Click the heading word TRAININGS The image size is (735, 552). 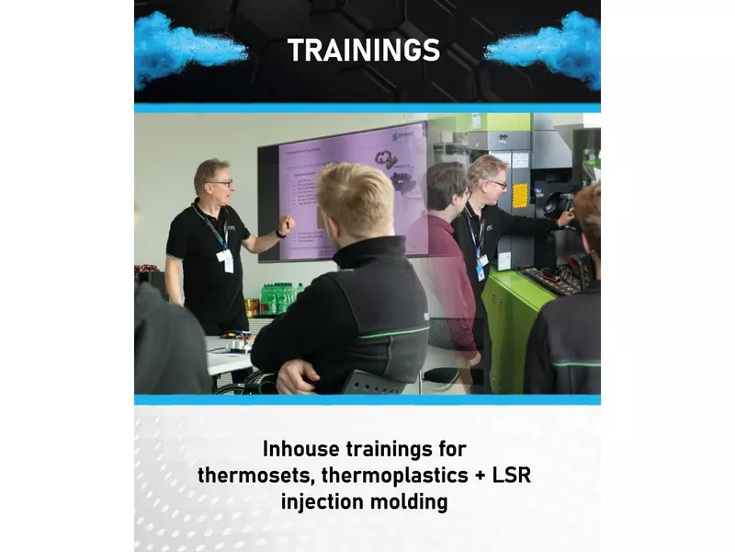click(363, 50)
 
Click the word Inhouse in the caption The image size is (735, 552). click(300, 450)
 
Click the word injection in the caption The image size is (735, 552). click(322, 502)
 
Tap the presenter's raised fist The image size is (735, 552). click(287, 224)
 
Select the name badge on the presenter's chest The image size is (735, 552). click(226, 259)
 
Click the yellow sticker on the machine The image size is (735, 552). click(521, 195)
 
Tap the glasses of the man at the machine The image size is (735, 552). click(496, 184)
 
